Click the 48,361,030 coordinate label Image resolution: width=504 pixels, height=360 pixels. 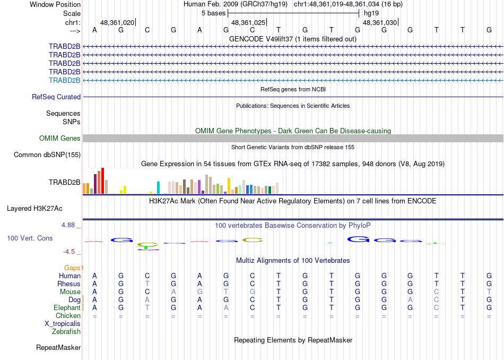pyautogui.click(x=379, y=23)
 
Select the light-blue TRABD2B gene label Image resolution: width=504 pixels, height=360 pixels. pyautogui.click(x=64, y=80)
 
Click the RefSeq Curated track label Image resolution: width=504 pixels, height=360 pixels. pyautogui.click(x=56, y=97)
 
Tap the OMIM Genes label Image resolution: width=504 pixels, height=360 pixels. pyautogui.click(x=60, y=139)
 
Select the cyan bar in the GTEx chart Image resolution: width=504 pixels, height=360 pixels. pyautogui.click(x=158, y=187)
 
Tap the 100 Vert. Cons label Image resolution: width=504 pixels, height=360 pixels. pyautogui.click(x=30, y=238)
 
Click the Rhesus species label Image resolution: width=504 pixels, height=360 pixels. pyautogui.click(x=68, y=284)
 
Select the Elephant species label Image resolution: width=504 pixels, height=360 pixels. pyautogui.click(x=67, y=307)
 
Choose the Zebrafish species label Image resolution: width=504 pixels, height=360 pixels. pyautogui.click(x=66, y=332)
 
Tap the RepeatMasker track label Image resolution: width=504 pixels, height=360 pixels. pyautogui.click(x=58, y=348)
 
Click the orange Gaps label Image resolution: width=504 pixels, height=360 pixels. pyautogui.click(x=74, y=268)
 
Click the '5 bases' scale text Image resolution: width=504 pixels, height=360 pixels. pyautogui.click(x=214, y=13)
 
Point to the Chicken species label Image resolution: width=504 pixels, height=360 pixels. pyautogui.click(x=68, y=316)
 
